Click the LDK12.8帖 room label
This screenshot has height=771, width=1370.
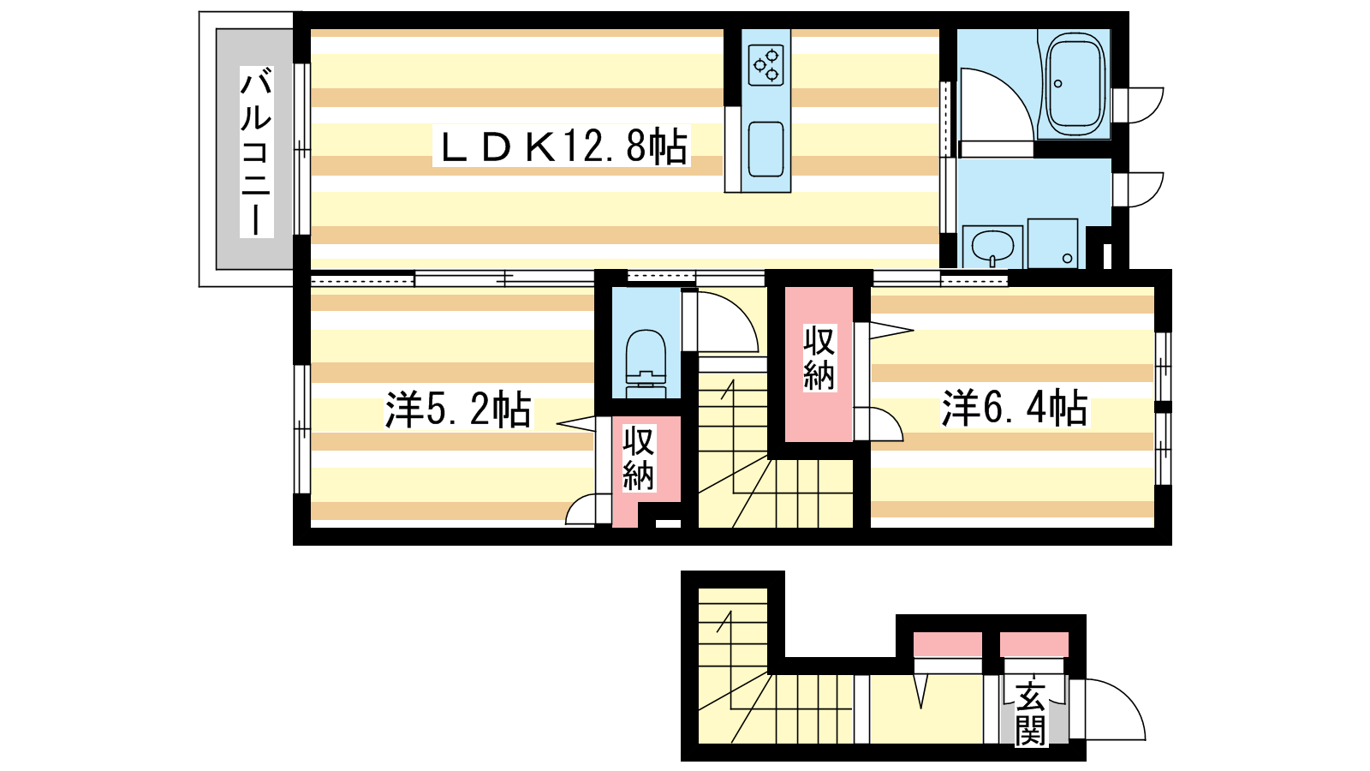pos(562,146)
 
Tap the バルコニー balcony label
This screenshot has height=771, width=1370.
pos(256,152)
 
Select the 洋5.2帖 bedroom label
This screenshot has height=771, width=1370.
pos(458,409)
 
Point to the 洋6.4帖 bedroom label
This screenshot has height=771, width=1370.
pos(1016,408)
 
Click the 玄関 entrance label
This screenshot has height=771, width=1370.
pos(1030,712)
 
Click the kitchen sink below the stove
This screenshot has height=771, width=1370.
pos(766,150)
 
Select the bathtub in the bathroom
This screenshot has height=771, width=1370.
pos(1075,84)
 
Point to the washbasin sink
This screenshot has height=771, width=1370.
pos(992,246)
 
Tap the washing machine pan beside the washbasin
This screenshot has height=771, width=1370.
pos(1052,243)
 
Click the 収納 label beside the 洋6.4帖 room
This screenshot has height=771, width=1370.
pos(819,359)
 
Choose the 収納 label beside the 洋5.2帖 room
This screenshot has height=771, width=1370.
pos(639,457)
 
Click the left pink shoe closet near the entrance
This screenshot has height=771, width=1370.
pos(947,645)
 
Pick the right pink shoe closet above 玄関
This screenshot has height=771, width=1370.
pos(1034,645)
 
